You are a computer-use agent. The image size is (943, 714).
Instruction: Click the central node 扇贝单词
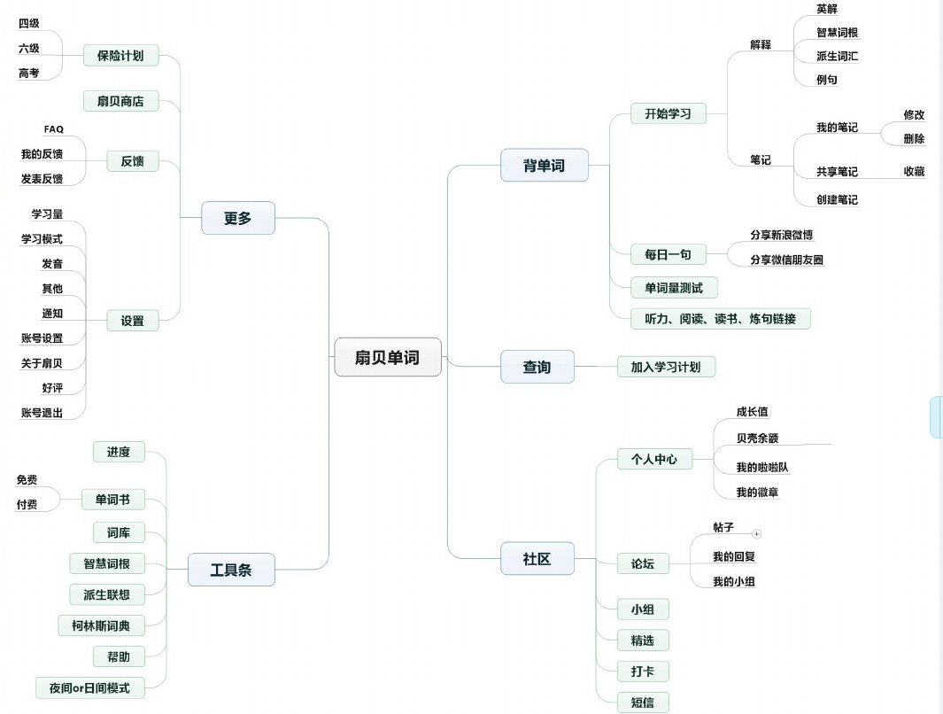(x=387, y=358)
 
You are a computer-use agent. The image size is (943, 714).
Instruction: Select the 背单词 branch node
(x=544, y=165)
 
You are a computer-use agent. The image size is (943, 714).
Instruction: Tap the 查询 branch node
(x=537, y=367)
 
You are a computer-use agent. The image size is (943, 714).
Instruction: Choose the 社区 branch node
(x=537, y=559)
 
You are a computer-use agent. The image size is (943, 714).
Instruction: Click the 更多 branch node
(x=237, y=218)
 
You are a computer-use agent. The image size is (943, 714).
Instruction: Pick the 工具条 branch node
(x=230, y=570)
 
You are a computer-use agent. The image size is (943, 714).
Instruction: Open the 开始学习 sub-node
(x=668, y=113)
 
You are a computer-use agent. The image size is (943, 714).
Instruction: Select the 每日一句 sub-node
(x=668, y=254)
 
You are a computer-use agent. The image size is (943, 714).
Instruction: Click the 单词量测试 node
(x=674, y=287)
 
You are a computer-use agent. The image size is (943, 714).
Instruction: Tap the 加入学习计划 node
(x=665, y=366)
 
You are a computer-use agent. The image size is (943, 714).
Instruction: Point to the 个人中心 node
(x=653, y=459)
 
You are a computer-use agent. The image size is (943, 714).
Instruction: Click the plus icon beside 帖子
(x=756, y=534)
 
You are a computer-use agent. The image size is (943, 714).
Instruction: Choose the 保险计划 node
(x=120, y=56)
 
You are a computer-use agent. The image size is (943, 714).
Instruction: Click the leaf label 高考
(x=29, y=74)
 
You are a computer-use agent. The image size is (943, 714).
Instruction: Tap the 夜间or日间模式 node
(x=101, y=687)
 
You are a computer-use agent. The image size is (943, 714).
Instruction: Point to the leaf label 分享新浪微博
(x=781, y=235)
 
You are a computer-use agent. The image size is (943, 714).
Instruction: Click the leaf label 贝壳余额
(x=757, y=438)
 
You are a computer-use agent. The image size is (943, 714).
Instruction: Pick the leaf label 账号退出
(x=42, y=413)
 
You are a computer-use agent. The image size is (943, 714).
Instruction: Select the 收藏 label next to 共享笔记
(x=914, y=171)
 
